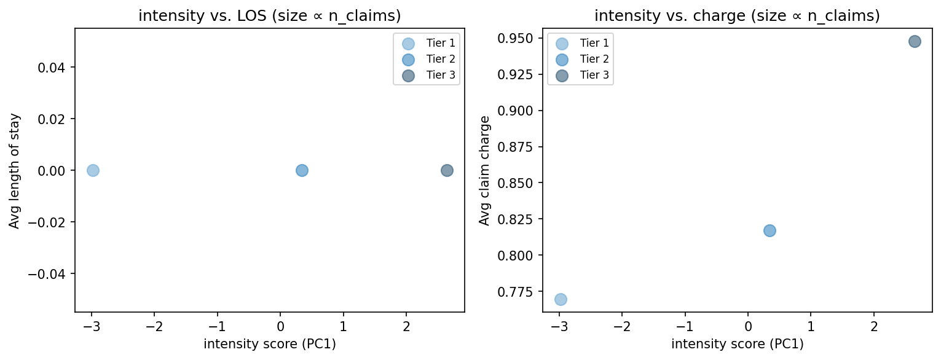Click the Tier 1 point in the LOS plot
pyautogui.click(x=93, y=170)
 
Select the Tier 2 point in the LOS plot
pyautogui.click(x=302, y=170)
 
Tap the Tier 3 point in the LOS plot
pyautogui.click(x=447, y=170)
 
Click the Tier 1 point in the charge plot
pyautogui.click(x=561, y=299)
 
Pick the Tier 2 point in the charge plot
pyautogui.click(x=770, y=230)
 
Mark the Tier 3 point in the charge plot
pyautogui.click(x=915, y=42)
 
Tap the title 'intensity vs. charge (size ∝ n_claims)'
pyautogui.click(x=737, y=17)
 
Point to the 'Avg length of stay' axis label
pyautogui.click(x=14, y=170)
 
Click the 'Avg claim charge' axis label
pyautogui.click(x=484, y=170)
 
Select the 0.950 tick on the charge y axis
pyautogui.click(x=524, y=38)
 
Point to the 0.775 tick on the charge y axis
pyautogui.click(x=524, y=291)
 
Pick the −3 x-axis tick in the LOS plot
pyautogui.click(x=91, y=325)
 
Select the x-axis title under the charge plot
pyautogui.click(x=737, y=344)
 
